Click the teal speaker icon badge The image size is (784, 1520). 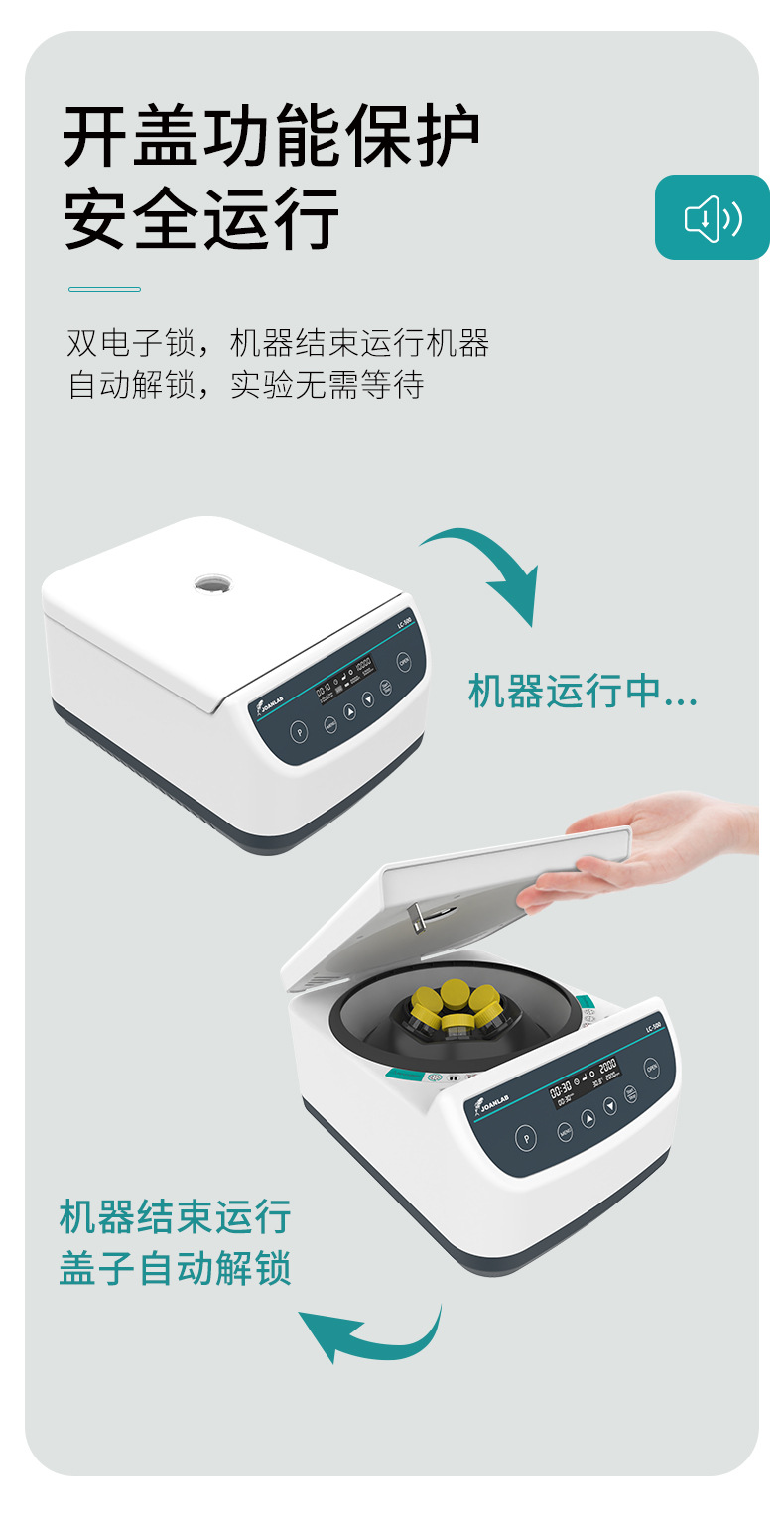tap(712, 217)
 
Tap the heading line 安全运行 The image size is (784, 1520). tap(201, 218)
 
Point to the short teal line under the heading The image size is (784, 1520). tap(104, 289)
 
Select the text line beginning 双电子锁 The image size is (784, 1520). tap(278, 344)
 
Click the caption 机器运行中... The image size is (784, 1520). tap(582, 692)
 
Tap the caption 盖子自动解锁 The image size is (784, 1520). tap(175, 1268)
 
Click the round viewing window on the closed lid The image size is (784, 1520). tap(211, 583)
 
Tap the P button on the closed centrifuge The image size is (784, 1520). tap(299, 732)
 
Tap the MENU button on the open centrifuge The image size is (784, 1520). tap(565, 1131)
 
